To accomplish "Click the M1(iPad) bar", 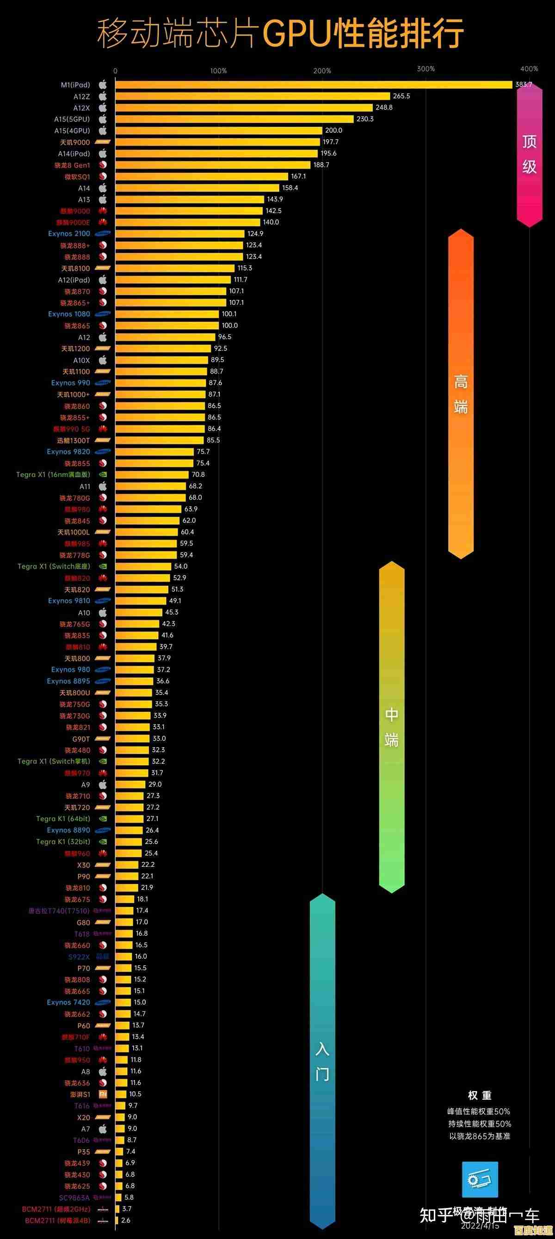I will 313,85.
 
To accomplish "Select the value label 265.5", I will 401,96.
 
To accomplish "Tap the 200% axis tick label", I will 322,71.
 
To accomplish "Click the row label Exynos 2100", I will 69,234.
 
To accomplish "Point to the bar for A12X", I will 244,108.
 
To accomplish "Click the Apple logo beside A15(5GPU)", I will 103,119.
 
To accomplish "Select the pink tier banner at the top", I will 530,154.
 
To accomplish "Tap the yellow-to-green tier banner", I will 391,726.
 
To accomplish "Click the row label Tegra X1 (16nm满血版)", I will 53,475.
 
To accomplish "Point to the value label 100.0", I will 229,325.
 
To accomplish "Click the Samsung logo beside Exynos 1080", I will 103,314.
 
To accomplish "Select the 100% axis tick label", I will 219,71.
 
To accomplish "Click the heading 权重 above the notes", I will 480,1096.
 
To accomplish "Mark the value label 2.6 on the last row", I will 126,1220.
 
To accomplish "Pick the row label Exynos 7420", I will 68,1002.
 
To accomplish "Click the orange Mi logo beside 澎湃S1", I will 103,1094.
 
